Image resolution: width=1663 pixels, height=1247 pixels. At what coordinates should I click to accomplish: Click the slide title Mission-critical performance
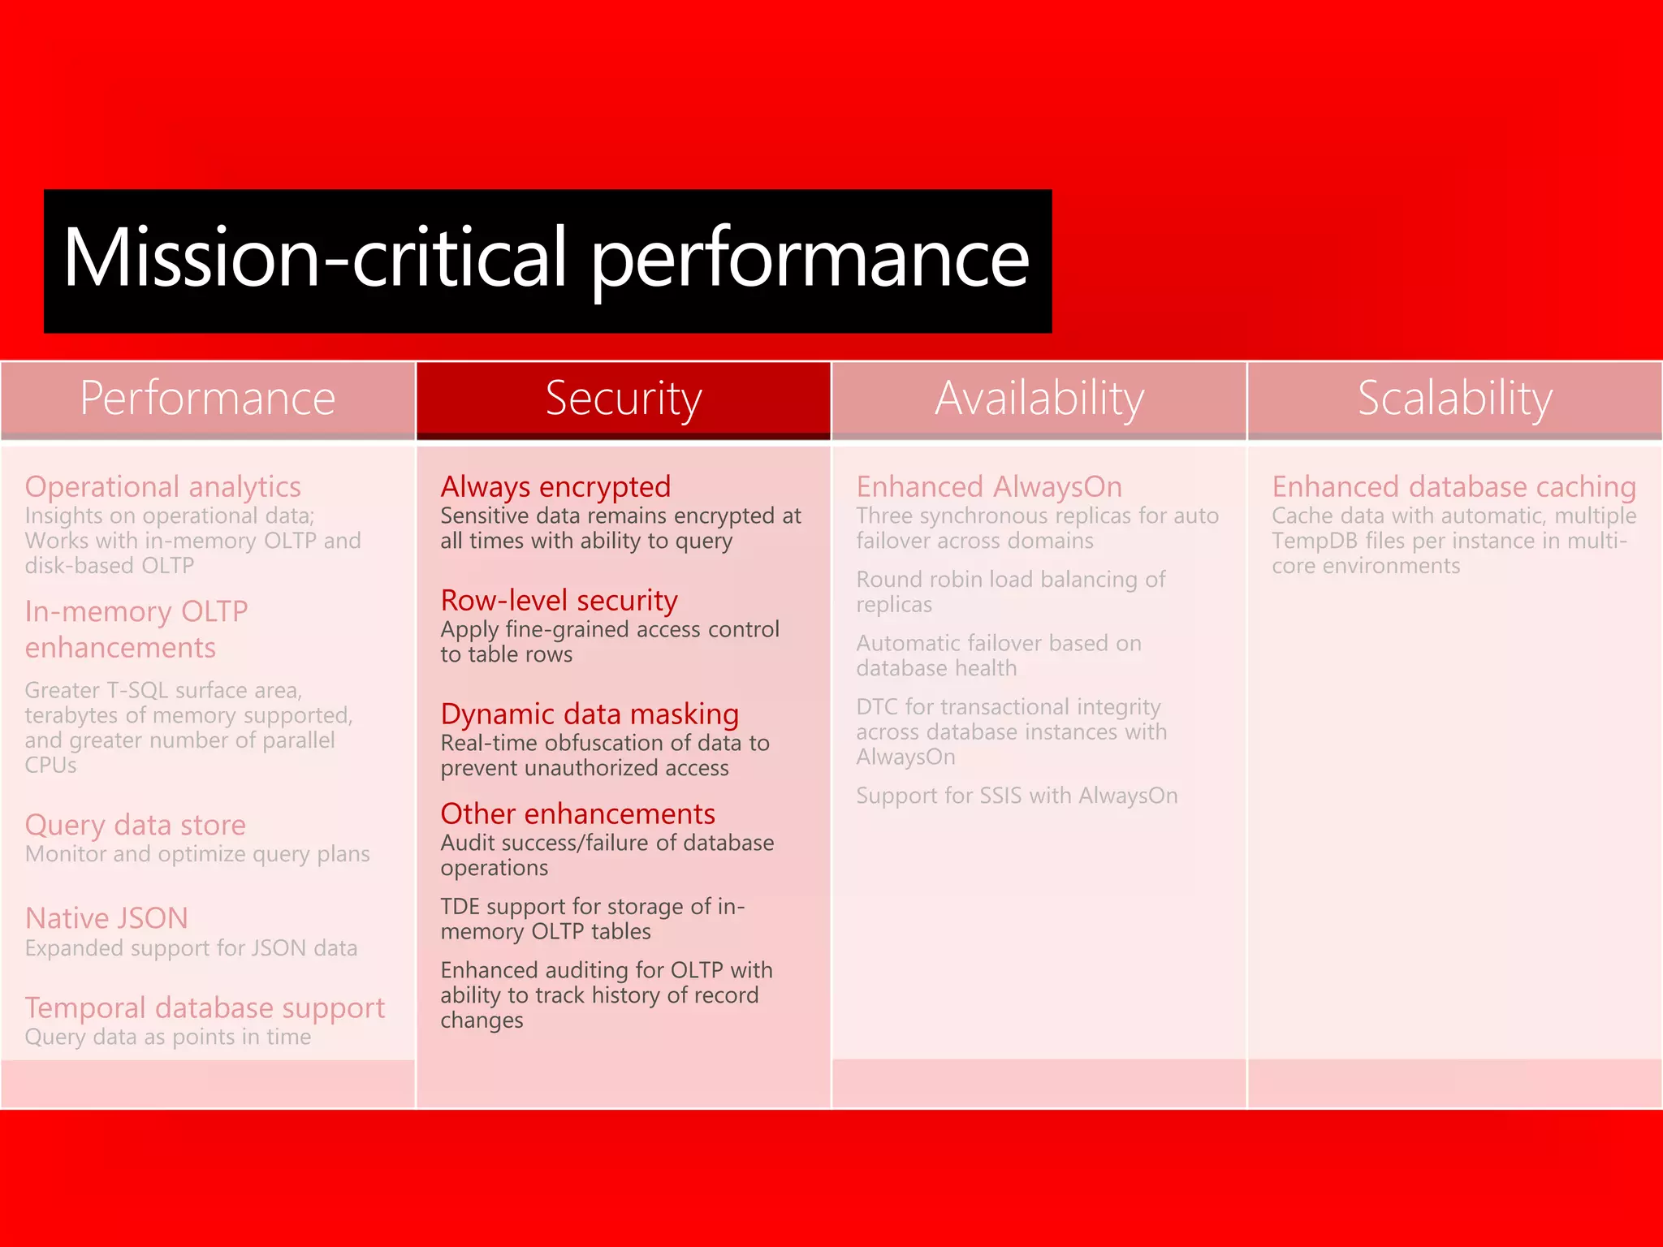tap(546, 258)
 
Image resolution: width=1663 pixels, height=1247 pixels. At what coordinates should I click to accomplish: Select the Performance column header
tap(207, 399)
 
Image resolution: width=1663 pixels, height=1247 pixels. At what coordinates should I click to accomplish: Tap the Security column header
tap(623, 399)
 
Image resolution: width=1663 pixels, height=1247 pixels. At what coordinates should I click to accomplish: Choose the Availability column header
tap(1039, 399)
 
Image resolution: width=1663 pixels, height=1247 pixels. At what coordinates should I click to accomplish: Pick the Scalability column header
tap(1454, 399)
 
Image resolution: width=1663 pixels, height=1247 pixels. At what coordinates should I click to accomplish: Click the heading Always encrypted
tap(555, 486)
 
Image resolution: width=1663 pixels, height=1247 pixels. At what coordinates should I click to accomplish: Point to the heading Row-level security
tap(559, 600)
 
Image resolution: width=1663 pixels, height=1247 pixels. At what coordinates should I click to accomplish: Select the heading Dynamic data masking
tap(590, 714)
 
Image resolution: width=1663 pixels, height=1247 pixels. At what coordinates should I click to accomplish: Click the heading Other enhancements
tap(577, 813)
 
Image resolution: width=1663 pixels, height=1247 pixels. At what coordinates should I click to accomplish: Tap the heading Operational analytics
tap(162, 486)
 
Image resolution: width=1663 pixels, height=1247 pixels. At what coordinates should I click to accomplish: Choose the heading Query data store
tap(135, 825)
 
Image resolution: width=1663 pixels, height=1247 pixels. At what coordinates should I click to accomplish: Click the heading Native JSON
tap(106, 918)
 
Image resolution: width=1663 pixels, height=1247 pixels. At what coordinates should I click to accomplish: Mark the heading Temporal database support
tap(205, 1008)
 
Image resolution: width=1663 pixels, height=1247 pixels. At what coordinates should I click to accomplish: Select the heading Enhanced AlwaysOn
tap(989, 486)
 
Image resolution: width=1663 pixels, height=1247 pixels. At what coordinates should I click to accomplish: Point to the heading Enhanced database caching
tap(1454, 486)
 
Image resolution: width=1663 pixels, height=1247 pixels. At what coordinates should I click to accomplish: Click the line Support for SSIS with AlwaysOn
tap(1017, 796)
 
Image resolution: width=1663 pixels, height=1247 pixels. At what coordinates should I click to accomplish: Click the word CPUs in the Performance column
tap(50, 766)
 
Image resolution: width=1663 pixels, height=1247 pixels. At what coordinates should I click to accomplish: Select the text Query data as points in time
tap(167, 1037)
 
